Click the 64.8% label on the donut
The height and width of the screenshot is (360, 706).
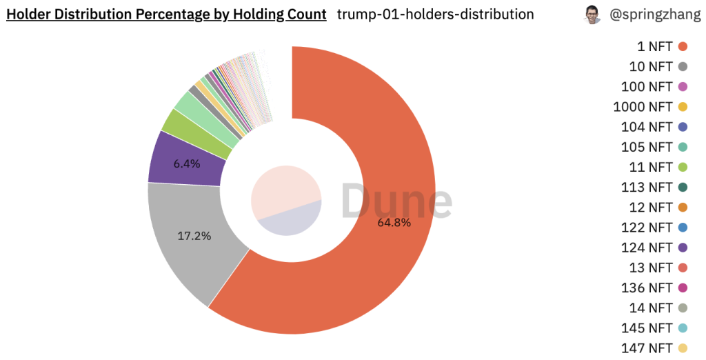394,223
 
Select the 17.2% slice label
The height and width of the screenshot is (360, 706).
194,236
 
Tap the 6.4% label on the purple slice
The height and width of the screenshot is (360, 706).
187,163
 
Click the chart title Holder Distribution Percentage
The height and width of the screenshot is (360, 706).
166,14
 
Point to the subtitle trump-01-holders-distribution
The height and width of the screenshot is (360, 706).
435,14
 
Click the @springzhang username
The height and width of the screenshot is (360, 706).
654,14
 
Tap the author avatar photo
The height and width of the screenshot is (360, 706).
592,14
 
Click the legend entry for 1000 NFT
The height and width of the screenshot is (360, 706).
643,107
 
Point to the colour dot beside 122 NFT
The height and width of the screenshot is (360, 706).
683,227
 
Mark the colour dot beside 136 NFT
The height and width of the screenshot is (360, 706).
683,287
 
